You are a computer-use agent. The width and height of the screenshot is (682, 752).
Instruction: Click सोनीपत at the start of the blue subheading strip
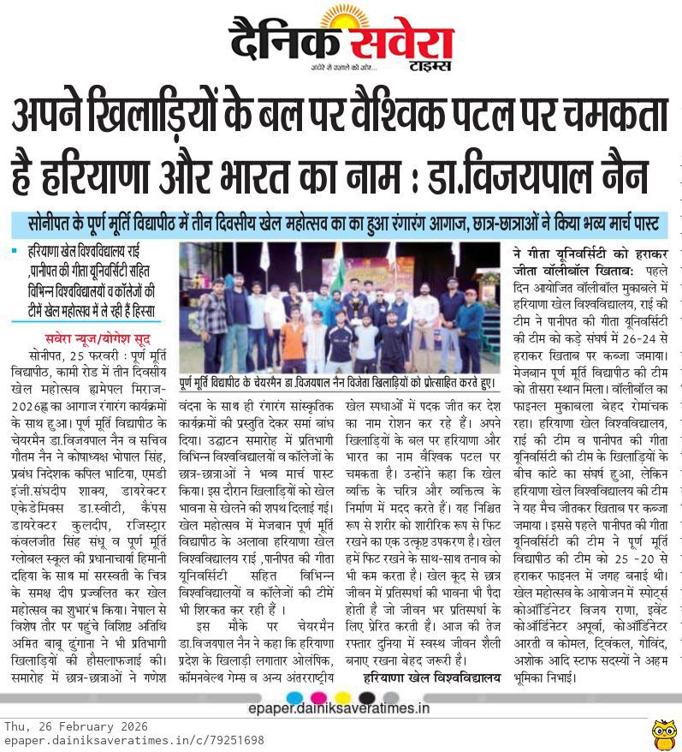pyautogui.click(x=56, y=224)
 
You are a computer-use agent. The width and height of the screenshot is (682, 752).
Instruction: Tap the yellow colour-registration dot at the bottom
pyautogui.click(x=343, y=696)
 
